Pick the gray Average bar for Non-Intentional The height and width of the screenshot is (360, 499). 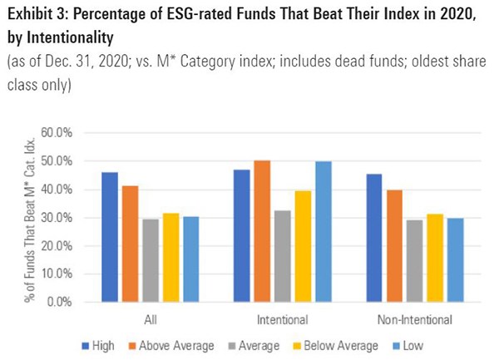pos(415,261)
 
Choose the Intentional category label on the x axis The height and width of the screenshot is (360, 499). pos(281,318)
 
